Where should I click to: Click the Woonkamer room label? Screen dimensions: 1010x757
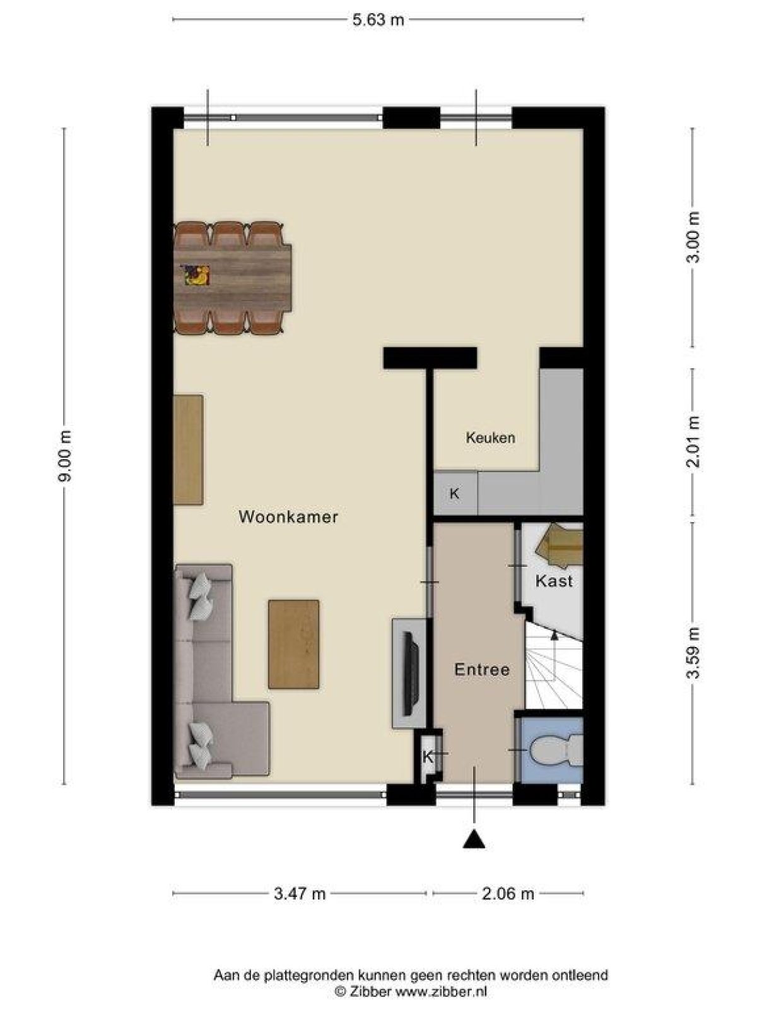tap(288, 517)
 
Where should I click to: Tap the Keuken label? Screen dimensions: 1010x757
tap(490, 437)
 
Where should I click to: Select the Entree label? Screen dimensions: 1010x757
tap(481, 670)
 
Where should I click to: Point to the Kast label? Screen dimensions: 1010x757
tap(554, 581)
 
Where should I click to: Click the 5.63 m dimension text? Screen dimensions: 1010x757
tap(378, 20)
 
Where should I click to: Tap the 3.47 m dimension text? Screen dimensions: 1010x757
tap(300, 893)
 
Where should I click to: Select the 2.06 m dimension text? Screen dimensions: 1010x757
tap(508, 893)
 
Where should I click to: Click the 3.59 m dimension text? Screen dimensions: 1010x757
tap(694, 653)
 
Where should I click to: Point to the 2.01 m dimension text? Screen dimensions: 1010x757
tap(694, 441)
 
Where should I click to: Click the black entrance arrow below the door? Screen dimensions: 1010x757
tap(474, 840)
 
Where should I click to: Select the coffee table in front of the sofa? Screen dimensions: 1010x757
tap(293, 644)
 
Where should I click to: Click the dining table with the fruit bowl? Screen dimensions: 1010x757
tap(232, 276)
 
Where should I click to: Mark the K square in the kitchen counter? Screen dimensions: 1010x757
tap(454, 494)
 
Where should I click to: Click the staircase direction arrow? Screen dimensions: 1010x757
tap(555, 635)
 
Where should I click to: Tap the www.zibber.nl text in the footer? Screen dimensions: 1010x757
tap(441, 992)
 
